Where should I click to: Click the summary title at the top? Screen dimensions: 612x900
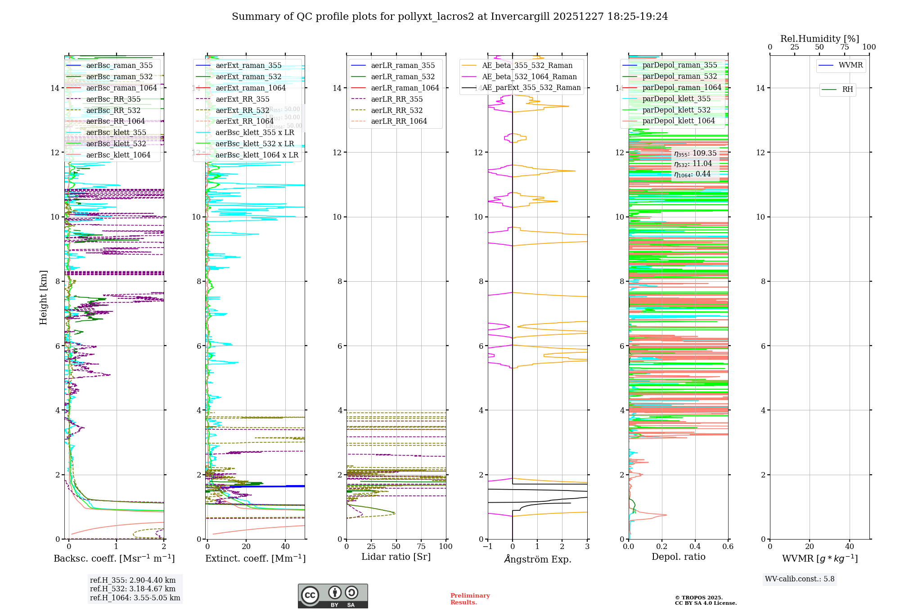450,17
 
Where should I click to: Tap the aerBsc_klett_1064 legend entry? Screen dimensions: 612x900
118,155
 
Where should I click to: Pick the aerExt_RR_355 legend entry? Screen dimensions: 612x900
242,99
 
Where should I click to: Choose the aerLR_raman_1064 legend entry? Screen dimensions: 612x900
405,88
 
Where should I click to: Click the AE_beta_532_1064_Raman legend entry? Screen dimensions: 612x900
529,77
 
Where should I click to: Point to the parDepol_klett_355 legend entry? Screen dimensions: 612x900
676,99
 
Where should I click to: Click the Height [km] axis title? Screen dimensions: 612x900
43,297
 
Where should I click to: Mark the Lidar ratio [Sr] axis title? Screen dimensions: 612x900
396,557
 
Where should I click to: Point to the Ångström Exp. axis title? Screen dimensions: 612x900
537,559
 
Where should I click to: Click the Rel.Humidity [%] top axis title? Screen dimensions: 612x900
819,39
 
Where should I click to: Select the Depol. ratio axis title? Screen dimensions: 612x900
678,557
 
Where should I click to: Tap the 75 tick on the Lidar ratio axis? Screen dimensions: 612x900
421,546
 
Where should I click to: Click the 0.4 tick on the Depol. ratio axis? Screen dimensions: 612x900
695,546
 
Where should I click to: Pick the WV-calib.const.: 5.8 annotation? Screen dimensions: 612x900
800,579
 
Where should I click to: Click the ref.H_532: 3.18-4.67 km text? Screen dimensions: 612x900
133,589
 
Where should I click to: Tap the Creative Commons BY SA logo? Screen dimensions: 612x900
333,596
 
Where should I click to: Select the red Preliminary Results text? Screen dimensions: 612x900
470,599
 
